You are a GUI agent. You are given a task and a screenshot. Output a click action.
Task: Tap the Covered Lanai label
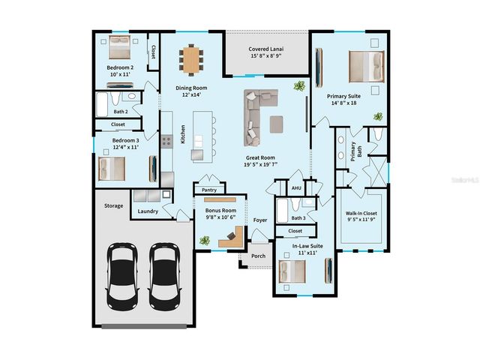268,52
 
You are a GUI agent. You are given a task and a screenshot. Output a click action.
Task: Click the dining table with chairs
193,59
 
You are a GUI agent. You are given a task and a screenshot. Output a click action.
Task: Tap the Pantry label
210,190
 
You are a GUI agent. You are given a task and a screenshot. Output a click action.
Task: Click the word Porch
258,256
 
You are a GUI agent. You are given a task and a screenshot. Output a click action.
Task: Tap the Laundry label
148,211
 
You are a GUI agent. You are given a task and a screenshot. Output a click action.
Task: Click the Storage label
112,205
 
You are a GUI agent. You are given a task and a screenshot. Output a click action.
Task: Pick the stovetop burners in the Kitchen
166,138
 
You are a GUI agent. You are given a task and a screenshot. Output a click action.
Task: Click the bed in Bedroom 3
112,168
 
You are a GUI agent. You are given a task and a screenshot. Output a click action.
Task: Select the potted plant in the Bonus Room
204,240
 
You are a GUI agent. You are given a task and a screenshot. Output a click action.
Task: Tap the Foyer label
259,220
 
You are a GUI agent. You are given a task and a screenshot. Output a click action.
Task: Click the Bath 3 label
297,218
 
